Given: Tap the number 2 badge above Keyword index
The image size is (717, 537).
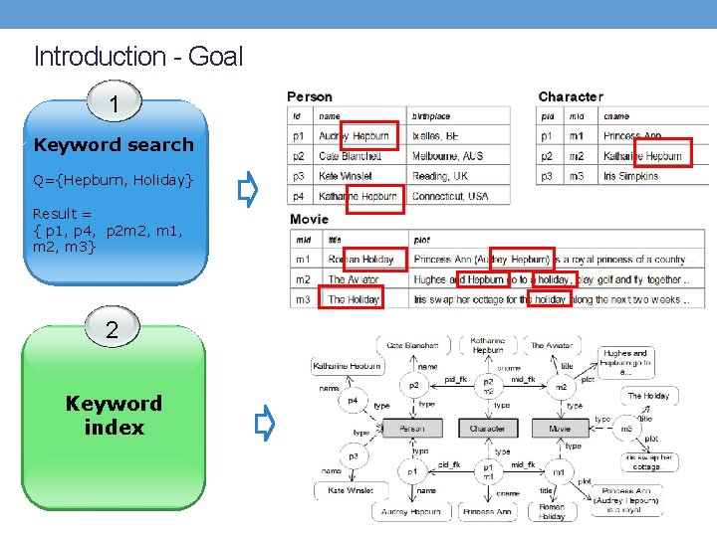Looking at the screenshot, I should (112, 331).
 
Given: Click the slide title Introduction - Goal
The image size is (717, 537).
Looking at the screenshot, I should (137, 57).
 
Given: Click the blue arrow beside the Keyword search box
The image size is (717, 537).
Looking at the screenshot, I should (248, 188).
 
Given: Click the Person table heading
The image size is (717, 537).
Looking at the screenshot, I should (310, 96).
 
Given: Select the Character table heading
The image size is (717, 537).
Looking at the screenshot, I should (570, 96).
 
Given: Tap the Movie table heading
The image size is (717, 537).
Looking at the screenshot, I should (309, 219).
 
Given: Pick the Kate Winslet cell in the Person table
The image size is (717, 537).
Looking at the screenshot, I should (345, 176).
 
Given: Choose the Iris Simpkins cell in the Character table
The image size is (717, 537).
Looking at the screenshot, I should (630, 176).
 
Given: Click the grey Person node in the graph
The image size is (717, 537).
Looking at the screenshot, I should (411, 429).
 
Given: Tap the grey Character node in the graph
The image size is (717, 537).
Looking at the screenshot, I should (487, 429).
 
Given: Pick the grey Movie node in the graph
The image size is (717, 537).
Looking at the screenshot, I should (561, 429).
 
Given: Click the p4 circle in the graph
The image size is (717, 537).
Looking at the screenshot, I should (353, 402).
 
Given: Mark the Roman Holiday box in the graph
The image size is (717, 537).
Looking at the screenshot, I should (552, 511).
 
